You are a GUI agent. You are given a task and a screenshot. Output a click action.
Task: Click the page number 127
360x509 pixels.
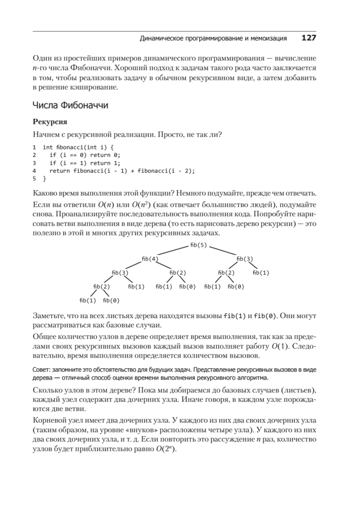(309, 38)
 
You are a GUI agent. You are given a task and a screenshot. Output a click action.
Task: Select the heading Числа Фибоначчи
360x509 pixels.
(70, 105)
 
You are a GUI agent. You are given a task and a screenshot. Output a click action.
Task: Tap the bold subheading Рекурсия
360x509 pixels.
(50, 122)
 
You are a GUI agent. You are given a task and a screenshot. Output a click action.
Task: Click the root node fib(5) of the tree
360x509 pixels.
(198, 245)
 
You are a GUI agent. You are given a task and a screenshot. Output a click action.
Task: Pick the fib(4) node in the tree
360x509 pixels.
(150, 259)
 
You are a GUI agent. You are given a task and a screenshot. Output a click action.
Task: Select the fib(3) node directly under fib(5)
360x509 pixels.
(245, 259)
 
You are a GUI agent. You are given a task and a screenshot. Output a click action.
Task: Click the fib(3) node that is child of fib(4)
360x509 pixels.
(120, 272)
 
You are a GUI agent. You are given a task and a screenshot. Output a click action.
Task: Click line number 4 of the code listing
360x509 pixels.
(34, 171)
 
